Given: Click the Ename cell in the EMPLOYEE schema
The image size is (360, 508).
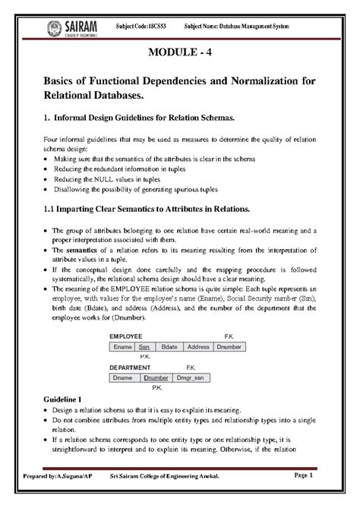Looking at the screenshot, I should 122,347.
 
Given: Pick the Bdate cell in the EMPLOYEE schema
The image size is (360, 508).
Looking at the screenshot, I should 172,347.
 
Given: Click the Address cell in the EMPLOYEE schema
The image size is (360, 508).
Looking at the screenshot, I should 199,347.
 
